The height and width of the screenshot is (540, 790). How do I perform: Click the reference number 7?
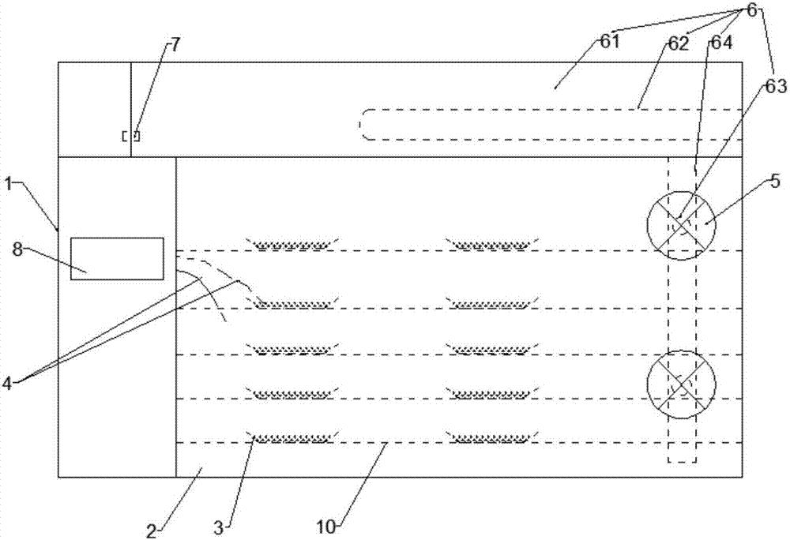[175, 45]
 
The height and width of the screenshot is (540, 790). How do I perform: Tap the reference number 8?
[17, 249]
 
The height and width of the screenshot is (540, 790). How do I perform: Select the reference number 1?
[9, 184]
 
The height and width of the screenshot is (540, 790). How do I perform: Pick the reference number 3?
[218, 528]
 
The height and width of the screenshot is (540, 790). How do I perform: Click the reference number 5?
[774, 181]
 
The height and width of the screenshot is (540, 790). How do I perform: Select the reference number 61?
[609, 42]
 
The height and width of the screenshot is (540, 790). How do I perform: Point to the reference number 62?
[679, 44]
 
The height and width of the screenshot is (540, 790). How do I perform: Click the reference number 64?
[721, 43]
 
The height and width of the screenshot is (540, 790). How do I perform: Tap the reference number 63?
[777, 87]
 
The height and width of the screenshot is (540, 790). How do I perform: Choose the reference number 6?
[752, 9]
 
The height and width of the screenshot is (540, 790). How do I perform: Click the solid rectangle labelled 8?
[117, 258]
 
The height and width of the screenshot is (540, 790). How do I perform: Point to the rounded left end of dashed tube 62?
[362, 124]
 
